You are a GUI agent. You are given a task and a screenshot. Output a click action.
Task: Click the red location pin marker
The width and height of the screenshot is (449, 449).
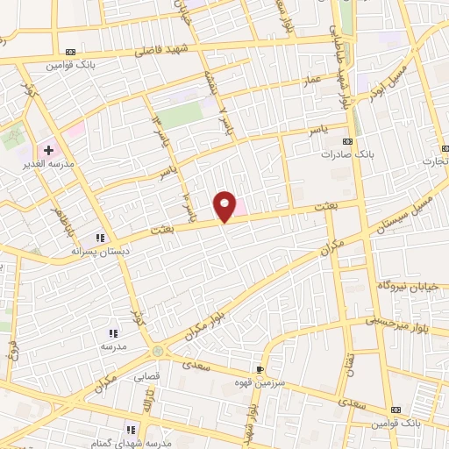[x=225, y=206]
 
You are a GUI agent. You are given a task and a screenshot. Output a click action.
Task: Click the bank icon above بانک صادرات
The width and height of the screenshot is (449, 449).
[x=348, y=141]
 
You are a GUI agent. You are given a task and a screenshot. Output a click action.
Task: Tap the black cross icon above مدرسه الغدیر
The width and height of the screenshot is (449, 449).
[x=48, y=151]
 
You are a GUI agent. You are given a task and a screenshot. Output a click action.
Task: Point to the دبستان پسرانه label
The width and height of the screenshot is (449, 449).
[x=102, y=250]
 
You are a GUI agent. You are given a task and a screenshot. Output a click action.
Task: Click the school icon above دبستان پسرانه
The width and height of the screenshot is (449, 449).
[x=101, y=238]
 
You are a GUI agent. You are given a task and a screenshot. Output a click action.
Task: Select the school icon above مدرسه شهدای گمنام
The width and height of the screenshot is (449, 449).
[x=130, y=430]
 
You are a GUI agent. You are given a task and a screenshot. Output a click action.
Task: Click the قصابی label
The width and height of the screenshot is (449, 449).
[x=145, y=378]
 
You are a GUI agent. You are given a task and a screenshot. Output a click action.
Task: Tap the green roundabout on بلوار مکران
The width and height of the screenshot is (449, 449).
[x=157, y=352]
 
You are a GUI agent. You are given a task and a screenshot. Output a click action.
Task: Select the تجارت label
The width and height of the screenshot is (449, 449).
[x=433, y=161]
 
